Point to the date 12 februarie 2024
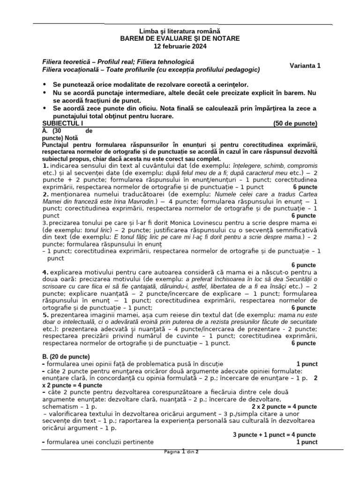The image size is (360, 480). pyautogui.click(x=180, y=46)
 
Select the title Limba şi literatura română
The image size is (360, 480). pyautogui.click(x=180, y=31)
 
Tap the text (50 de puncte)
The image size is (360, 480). pyautogui.click(x=295, y=124)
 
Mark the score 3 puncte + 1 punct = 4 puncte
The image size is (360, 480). pyautogui.click(x=274, y=435)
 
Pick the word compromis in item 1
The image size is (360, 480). pyautogui.click(x=302, y=166)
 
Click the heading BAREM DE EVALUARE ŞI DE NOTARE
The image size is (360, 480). pyautogui.click(x=180, y=38)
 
